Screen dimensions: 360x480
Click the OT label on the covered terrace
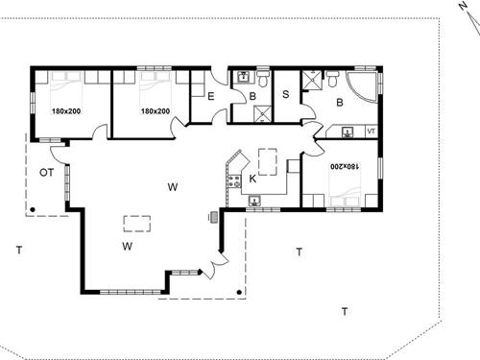point(45,172)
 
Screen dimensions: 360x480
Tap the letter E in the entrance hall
point(210,95)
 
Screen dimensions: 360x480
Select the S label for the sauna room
point(286,94)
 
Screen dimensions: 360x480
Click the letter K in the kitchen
point(252,179)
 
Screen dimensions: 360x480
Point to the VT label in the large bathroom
point(371,132)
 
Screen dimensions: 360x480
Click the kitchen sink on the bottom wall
point(255,201)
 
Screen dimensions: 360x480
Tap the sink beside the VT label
point(348,131)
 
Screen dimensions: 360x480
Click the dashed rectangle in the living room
point(136,224)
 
